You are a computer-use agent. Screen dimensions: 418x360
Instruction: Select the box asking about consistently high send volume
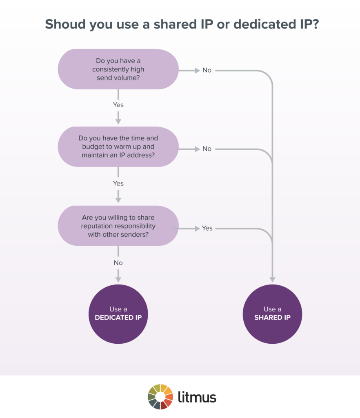(118, 69)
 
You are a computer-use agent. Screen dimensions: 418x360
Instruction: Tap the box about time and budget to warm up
(118, 147)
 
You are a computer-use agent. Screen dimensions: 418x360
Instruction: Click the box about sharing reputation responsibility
(118, 226)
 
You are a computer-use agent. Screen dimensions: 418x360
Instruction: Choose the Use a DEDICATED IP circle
(118, 313)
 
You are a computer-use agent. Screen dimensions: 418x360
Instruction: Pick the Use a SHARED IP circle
(272, 313)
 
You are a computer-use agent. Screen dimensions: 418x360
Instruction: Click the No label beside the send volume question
(207, 70)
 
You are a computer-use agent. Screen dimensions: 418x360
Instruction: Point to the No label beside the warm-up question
(207, 149)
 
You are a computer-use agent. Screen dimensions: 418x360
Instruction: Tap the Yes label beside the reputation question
(207, 228)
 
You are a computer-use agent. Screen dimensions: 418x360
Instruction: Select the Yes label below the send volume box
(118, 105)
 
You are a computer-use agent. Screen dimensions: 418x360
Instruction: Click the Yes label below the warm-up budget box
(118, 184)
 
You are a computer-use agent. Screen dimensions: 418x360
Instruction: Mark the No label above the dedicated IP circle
(118, 263)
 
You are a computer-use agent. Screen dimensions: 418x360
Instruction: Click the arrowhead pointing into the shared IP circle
(272, 280)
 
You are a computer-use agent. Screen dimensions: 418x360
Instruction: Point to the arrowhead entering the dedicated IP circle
(118, 279)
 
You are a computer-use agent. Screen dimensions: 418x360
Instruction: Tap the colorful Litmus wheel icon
(160, 396)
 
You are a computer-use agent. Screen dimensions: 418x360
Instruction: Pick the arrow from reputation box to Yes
(188, 228)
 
